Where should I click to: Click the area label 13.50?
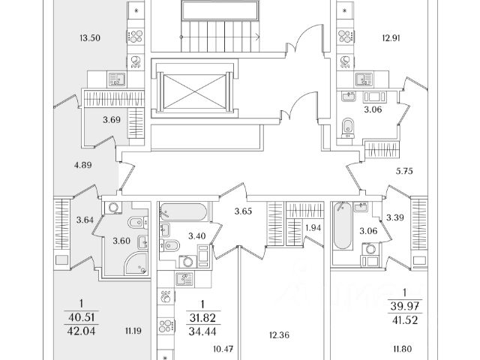point(90,38)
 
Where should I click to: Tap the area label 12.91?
point(391,38)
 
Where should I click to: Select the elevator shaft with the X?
point(194,91)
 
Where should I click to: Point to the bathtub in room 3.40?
point(183,211)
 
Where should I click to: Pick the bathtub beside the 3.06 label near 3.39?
point(343,225)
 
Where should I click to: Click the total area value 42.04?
point(82,331)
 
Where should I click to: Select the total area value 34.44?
point(202,331)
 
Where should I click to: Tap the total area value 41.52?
point(404,320)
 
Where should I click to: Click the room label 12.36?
point(279,335)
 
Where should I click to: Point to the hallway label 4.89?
point(83,165)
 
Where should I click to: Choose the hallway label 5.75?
point(404,172)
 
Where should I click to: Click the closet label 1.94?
point(313,228)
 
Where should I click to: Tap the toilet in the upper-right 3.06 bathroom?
point(348,127)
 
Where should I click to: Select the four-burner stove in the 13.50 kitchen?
point(136,36)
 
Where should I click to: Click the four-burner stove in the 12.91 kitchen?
point(346,36)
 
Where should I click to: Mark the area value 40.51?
point(82,317)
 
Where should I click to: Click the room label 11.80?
point(403,349)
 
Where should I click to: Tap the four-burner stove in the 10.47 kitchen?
point(166,326)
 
